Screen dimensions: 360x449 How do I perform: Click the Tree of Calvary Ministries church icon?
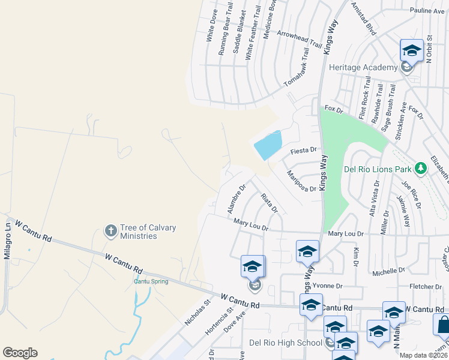[x=110, y=230]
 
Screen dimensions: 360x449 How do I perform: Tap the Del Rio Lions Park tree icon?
[x=420, y=167]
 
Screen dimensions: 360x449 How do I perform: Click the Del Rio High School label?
[x=286, y=343]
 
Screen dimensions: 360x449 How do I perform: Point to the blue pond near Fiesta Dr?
[x=268, y=146]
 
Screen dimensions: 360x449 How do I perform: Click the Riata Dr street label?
[x=270, y=203]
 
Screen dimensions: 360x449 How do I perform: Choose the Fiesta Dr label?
[x=303, y=150]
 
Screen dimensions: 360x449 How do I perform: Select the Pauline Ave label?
[x=426, y=11]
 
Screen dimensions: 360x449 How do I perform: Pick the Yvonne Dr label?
[x=328, y=286]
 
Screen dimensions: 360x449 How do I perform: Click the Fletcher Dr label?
[x=425, y=286]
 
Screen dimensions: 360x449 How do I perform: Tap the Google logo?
[x=20, y=353]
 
